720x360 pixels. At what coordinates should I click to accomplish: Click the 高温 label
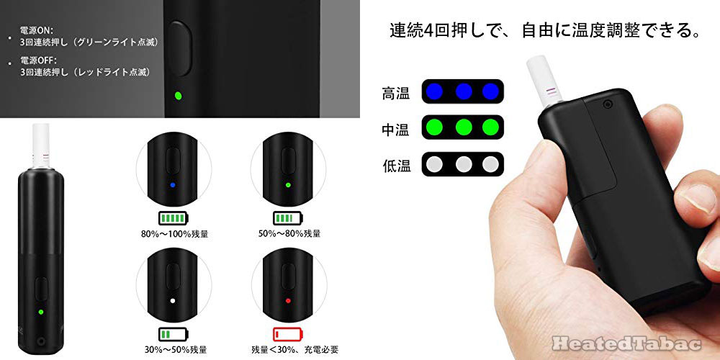(396, 93)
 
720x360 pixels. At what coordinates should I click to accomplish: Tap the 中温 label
(396, 130)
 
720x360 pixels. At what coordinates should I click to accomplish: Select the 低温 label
(396, 166)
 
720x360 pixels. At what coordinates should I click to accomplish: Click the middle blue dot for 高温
(463, 91)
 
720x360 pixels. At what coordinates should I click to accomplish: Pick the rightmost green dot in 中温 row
(491, 128)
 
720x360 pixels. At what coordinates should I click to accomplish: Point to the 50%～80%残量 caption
(289, 233)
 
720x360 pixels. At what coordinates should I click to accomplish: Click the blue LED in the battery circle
(173, 185)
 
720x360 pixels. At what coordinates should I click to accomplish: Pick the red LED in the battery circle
(287, 300)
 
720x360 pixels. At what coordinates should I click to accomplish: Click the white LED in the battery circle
(173, 300)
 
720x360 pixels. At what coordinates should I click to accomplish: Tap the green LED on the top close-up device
(178, 95)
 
